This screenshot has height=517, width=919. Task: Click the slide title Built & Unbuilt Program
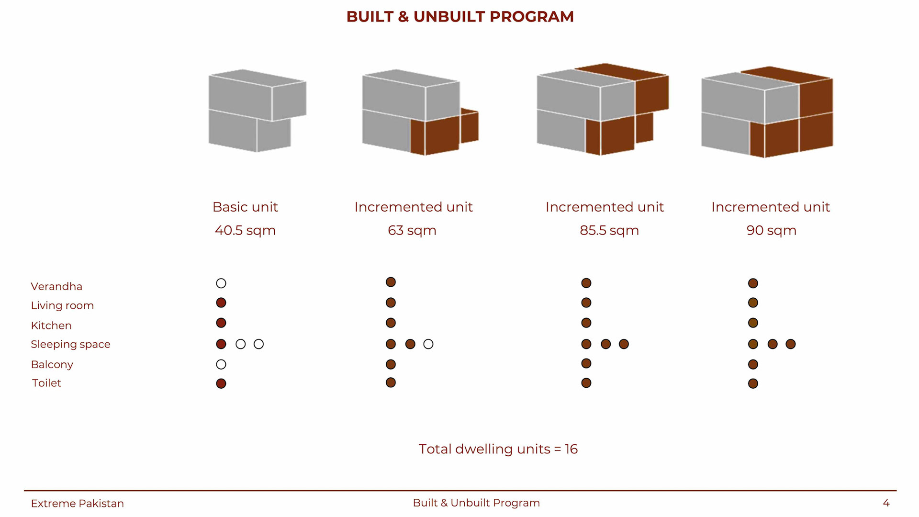point(459,17)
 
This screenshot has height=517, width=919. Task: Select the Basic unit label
point(245,207)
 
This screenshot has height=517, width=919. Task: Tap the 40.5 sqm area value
point(245,230)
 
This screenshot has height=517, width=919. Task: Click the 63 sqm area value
point(412,230)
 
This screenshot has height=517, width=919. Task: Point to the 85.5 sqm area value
point(609,230)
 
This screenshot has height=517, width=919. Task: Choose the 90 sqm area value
point(771,230)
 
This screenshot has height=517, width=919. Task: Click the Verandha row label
point(56,286)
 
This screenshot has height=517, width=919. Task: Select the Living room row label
point(62,305)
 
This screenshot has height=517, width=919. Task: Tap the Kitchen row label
point(51,326)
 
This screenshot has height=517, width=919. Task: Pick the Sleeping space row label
point(70,344)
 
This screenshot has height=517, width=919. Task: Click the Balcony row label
point(52,364)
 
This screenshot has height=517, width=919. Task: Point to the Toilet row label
point(46,383)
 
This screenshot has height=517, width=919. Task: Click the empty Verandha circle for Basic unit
point(221,283)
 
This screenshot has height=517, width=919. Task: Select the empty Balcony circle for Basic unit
point(221,364)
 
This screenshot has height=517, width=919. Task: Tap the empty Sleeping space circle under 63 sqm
point(428,344)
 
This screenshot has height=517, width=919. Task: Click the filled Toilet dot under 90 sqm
point(753,383)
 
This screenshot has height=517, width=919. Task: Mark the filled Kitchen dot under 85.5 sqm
point(586,323)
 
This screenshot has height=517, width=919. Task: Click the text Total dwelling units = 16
point(498,449)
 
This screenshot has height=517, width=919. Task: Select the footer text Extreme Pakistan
point(77,504)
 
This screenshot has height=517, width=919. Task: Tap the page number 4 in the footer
point(886,503)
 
